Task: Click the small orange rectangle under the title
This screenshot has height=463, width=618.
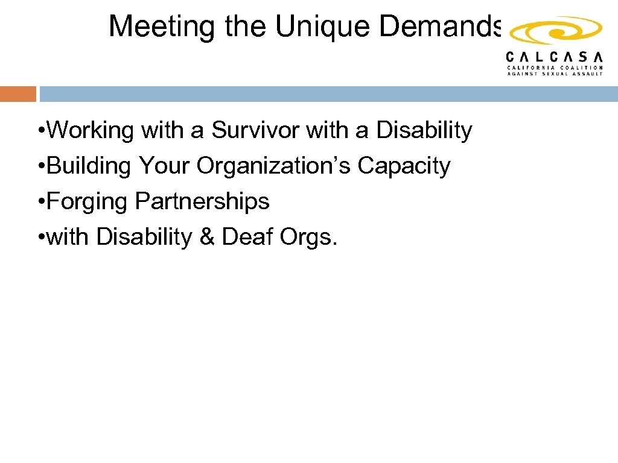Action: [x=18, y=94]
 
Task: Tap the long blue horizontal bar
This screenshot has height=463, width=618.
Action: [x=328, y=94]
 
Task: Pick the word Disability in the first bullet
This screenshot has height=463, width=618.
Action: [x=424, y=130]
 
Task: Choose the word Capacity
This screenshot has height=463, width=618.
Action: [x=404, y=165]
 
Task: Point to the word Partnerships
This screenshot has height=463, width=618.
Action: [x=202, y=201]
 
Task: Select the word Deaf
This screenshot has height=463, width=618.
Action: [x=247, y=237]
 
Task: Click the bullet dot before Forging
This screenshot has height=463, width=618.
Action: [x=40, y=202]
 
